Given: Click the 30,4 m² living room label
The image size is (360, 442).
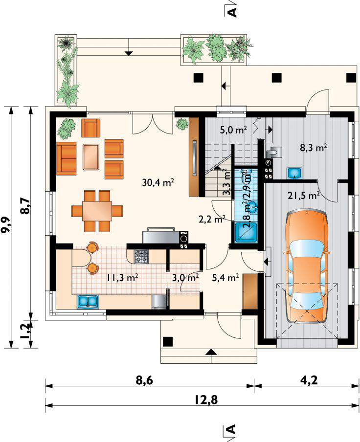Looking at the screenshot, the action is pos(158,182).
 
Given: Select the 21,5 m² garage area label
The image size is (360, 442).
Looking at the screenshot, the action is pos(303,195).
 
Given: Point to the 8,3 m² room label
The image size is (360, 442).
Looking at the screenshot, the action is pos(313,148).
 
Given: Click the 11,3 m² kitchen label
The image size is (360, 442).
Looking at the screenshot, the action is pos(122,278).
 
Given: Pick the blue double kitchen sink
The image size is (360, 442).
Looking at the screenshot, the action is pos(88,301).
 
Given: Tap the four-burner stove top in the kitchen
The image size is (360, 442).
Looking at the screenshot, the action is pos(141,257).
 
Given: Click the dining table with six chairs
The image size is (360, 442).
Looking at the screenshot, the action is pos(97,211).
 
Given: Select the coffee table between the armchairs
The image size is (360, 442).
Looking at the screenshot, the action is pos(91,157).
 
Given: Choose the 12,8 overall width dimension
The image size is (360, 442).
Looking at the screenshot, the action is pos(206,400).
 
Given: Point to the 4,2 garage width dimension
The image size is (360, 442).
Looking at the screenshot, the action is pos(309,380).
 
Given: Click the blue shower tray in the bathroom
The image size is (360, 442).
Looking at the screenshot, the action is pos(246,233).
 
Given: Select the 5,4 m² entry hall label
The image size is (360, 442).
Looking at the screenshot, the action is pos(225,278).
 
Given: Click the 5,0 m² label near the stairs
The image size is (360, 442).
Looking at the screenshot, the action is pos(233,130).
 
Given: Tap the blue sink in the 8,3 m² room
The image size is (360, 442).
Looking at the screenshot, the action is pos(294,173).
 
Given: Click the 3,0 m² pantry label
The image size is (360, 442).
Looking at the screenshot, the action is pos(185,278).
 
